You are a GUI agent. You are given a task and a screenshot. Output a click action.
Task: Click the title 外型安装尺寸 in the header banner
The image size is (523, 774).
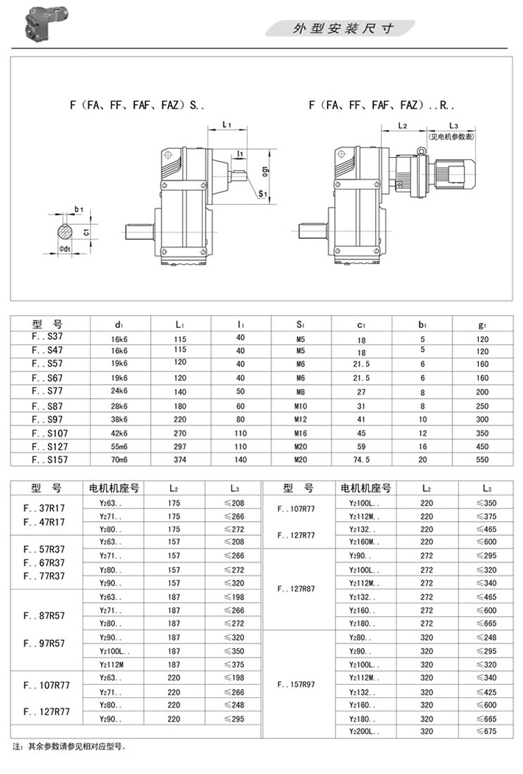(343, 29)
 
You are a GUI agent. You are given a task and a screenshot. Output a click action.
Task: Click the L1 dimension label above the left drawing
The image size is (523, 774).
(227, 125)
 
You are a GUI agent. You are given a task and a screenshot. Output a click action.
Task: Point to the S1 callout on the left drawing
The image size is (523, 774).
(263, 194)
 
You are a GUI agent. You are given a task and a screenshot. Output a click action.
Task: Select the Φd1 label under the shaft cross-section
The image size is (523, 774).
(66, 248)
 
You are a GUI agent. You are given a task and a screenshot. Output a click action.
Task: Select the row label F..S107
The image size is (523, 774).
(50, 433)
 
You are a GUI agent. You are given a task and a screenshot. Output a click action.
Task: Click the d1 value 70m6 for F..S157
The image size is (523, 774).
(119, 460)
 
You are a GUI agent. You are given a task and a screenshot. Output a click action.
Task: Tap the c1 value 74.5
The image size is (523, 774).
(360, 460)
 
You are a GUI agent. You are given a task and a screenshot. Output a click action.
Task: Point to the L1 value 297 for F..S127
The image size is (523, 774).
(180, 446)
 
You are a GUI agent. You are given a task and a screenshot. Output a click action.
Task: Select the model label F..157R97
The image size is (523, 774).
(297, 685)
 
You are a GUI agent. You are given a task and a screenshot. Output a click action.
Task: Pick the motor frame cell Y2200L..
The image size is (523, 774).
(362, 731)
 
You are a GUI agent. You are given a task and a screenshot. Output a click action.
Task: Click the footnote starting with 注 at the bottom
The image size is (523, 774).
(70, 747)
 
